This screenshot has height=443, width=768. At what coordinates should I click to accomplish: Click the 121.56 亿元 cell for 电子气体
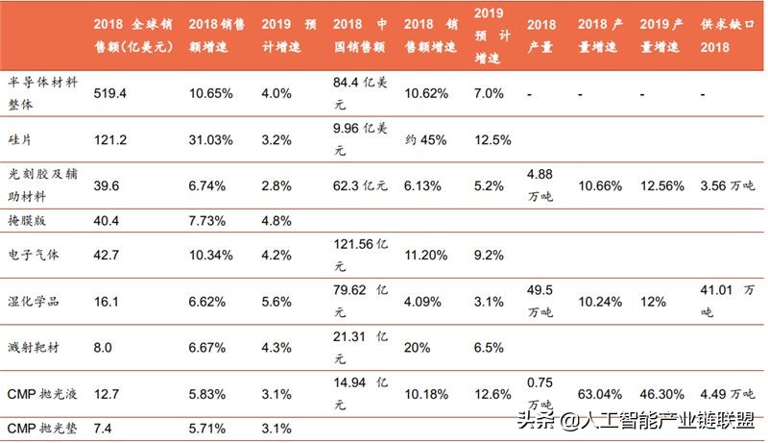359,247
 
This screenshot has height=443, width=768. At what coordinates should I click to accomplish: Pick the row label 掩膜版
26,221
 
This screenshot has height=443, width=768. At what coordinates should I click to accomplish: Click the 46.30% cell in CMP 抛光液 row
661,392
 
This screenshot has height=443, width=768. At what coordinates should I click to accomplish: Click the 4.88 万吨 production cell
541,185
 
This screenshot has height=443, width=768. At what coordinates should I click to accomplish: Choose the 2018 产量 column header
542,34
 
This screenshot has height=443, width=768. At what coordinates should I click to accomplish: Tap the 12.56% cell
661,185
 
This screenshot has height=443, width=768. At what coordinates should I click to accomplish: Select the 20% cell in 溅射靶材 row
418,346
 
